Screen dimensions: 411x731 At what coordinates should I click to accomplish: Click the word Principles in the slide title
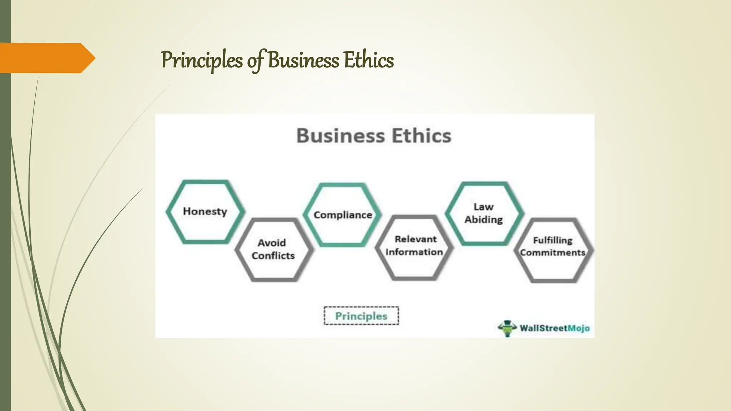coord(202,60)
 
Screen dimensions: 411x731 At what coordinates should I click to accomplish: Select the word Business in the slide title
coord(303,60)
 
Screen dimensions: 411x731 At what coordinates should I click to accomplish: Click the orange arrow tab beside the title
coord(46,58)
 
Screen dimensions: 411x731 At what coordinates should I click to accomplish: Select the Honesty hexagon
coord(205,212)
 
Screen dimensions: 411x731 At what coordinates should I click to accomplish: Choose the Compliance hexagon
coord(343,215)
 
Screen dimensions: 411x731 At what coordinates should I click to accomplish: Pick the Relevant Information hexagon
coord(414,246)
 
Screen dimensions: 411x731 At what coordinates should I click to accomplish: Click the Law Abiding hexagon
coord(484,213)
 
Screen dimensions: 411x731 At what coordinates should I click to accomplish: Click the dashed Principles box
coord(361,316)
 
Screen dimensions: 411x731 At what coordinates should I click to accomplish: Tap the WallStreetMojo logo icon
coord(507,328)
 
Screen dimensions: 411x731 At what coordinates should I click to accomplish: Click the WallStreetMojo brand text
coord(554,328)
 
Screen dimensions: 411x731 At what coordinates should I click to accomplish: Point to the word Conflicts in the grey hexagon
coord(273,256)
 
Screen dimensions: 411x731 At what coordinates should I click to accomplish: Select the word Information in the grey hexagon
coord(414,252)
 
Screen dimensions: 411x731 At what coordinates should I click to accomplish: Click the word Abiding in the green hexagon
coord(484,220)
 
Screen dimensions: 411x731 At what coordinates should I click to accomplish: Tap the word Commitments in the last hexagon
coord(553,253)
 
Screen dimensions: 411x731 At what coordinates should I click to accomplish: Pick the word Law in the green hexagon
coord(484,207)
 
